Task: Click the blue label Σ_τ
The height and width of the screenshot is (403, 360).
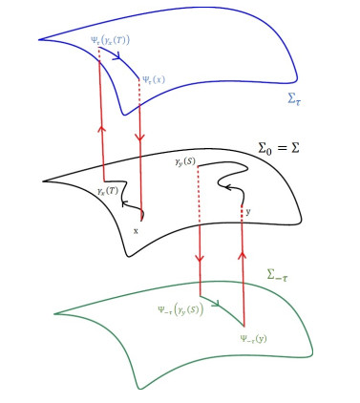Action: [x=294, y=99]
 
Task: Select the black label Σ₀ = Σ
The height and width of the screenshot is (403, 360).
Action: [x=279, y=148]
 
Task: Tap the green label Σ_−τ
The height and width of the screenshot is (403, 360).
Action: [x=278, y=275]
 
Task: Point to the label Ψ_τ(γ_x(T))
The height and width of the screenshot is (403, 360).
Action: [x=110, y=40]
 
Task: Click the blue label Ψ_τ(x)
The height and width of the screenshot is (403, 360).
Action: [x=154, y=79]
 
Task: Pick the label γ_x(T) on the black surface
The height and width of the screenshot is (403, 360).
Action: [x=108, y=191]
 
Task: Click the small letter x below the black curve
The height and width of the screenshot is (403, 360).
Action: [x=136, y=231]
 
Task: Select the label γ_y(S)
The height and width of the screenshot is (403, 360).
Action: [x=185, y=162]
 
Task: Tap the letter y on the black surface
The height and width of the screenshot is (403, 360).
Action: [x=248, y=212]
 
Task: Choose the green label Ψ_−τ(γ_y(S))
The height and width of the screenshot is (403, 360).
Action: [x=180, y=310]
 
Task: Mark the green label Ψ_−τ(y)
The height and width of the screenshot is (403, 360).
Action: [x=254, y=339]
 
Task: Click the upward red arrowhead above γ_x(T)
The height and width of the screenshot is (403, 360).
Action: [x=102, y=129]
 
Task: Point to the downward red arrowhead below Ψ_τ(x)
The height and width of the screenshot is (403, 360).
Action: [x=140, y=138]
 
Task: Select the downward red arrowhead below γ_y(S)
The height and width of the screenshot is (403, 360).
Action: [x=200, y=258]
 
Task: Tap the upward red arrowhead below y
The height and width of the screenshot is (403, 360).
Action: [x=243, y=255]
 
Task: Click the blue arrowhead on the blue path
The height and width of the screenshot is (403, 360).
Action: [x=116, y=55]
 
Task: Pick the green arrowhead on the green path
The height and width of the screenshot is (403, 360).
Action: [x=216, y=304]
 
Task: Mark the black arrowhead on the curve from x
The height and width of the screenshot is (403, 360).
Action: [x=125, y=203]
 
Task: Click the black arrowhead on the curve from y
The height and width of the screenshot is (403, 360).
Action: [x=228, y=186]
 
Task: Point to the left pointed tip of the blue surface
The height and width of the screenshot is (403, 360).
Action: [x=39, y=40]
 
